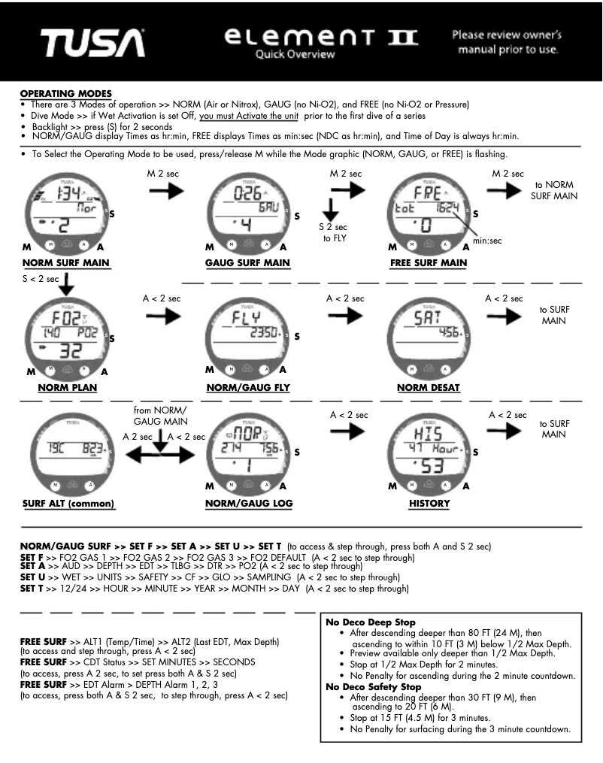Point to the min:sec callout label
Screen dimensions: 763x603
(486, 241)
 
